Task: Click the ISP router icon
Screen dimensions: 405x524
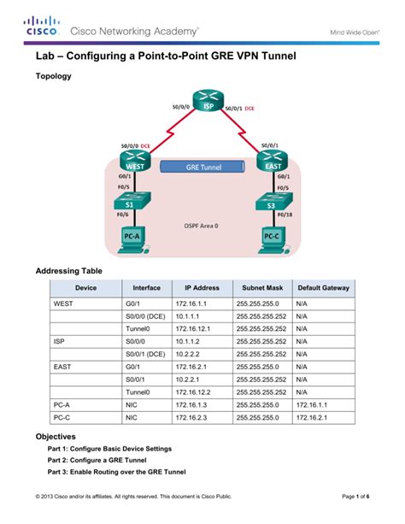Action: pos(208,100)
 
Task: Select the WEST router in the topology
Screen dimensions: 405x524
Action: pos(135,161)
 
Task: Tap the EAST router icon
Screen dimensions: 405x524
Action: pos(272,161)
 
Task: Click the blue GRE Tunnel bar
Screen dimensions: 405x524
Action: pos(202,167)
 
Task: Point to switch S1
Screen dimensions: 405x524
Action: pos(132,201)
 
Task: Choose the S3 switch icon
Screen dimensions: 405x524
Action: pos(273,201)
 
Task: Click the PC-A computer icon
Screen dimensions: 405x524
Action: pos(133,240)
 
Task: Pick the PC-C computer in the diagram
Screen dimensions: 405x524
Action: pos(274,240)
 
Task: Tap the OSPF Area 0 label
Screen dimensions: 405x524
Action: pos(201,226)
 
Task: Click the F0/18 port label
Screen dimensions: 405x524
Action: pos(285,215)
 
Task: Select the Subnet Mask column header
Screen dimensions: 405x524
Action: pos(262,288)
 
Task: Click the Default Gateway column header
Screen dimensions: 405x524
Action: pos(324,288)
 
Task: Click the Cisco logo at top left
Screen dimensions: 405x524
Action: pos(42,26)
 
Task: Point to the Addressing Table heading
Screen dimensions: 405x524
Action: pos(69,271)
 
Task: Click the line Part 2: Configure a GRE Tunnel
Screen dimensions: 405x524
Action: pos(97,460)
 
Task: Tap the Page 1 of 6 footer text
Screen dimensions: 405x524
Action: pos(355,497)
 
